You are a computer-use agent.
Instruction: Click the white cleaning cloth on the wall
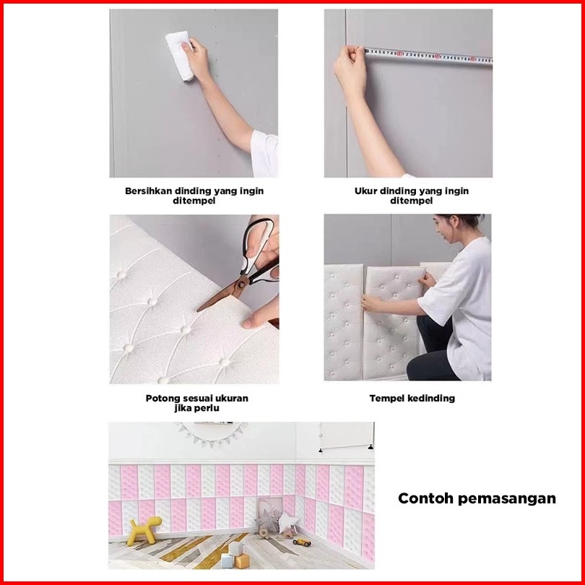click(x=179, y=55)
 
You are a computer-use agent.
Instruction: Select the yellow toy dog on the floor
click(x=144, y=530)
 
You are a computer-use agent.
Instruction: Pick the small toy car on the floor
click(x=302, y=542)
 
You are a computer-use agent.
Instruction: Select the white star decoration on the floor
click(x=288, y=521)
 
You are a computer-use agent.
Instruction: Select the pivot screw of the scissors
click(x=241, y=285)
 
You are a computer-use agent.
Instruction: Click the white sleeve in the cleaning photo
click(x=264, y=154)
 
